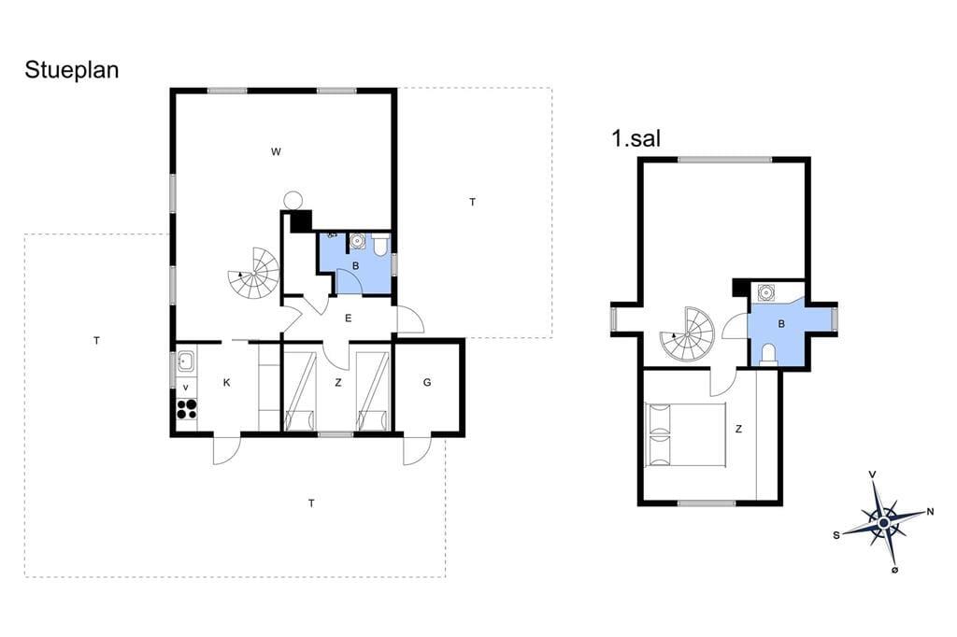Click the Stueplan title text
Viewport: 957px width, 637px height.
point(71,71)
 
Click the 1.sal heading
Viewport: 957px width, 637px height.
point(636,138)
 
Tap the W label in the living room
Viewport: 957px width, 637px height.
point(276,152)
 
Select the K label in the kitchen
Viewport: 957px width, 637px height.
point(227,383)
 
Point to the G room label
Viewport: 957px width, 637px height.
point(427,383)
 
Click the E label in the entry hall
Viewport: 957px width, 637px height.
point(349,318)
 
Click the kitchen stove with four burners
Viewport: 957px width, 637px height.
point(187,409)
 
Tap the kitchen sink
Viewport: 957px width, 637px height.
point(186,361)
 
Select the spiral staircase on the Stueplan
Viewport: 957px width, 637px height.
point(254,274)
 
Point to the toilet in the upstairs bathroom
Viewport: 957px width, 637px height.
point(768,355)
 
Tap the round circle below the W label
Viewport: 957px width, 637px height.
point(293,200)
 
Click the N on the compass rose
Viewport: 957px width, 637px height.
point(930,512)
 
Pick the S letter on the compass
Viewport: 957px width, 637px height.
point(836,535)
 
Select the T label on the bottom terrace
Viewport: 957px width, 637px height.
point(312,503)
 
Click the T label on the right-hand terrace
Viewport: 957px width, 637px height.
point(472,202)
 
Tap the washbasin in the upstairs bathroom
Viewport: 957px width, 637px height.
point(765,293)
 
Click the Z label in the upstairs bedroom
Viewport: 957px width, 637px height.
point(738,429)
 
